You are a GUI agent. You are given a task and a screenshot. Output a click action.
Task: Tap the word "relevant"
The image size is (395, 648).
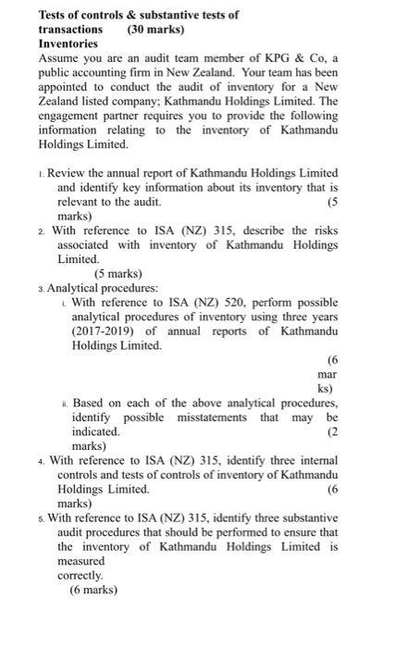coord(79,201)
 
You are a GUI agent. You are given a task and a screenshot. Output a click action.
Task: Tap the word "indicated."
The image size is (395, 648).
coord(95,431)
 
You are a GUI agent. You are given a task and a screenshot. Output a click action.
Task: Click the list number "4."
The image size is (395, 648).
coord(41,460)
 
